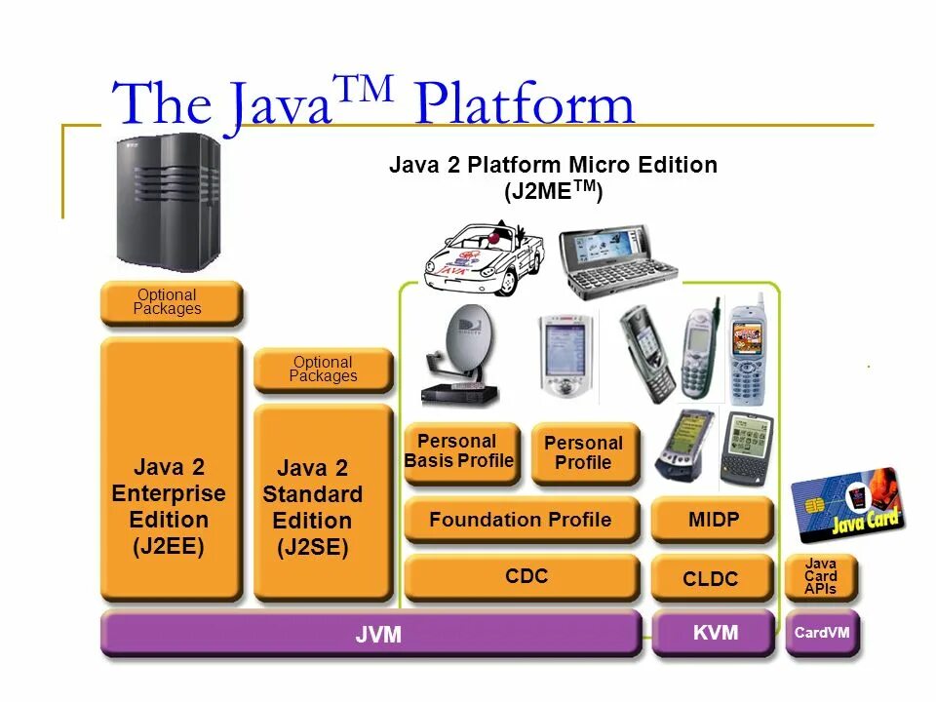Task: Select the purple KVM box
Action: coord(715,633)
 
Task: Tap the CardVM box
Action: coord(822,633)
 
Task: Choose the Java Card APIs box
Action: coord(821,576)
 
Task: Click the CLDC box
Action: coord(711,578)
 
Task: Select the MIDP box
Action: coord(713,520)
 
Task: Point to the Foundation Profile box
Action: coord(521,520)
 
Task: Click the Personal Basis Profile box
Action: coord(459,451)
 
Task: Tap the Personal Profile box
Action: coord(583,452)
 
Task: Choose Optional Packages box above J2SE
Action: coord(323,370)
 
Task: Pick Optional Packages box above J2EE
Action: coord(169,302)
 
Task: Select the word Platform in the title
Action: coord(524,103)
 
